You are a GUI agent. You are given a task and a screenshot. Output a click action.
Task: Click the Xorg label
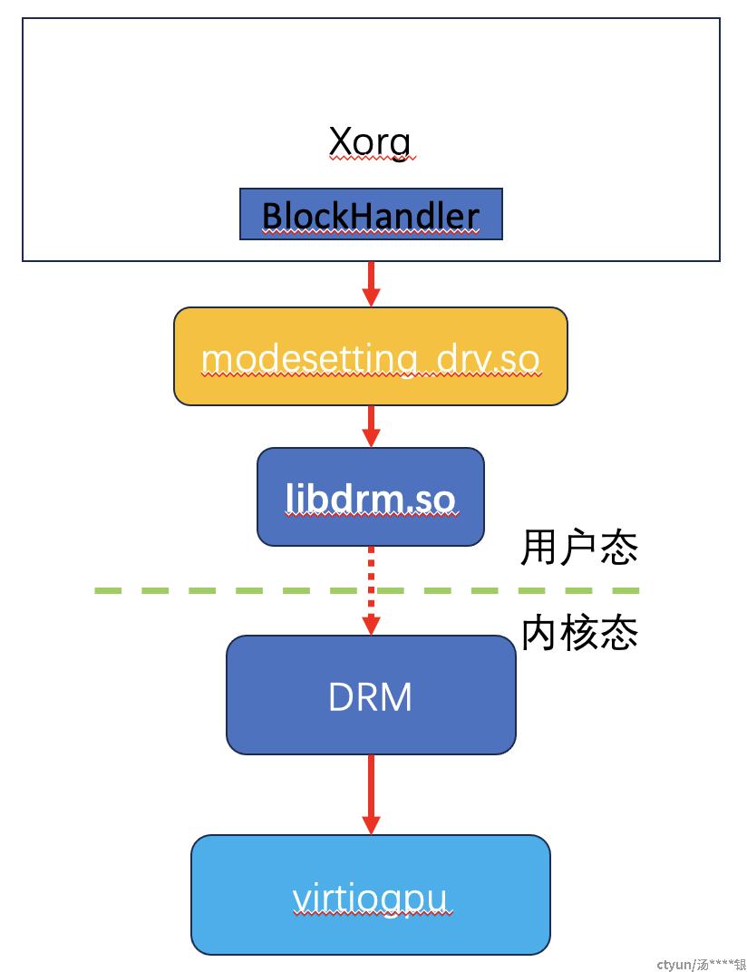pos(370,142)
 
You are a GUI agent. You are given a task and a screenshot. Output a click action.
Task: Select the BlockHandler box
pos(371,214)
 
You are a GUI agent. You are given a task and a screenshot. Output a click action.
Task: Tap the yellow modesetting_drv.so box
pos(371,356)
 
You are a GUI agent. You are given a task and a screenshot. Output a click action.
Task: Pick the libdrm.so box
pos(371,497)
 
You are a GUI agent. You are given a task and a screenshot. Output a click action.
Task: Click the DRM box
pos(371,695)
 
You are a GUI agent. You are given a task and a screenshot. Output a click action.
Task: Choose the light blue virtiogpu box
pos(371,895)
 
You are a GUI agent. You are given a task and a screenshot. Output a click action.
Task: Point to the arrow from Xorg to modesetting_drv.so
pos(371,284)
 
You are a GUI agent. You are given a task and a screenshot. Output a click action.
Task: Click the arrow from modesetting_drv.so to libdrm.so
pos(371,426)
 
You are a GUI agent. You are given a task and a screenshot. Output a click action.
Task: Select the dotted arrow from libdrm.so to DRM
pos(371,591)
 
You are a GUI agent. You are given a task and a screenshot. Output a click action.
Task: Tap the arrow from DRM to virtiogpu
pos(371,794)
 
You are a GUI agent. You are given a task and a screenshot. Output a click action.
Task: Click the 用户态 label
pos(579,548)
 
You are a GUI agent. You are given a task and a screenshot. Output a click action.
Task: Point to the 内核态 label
pos(579,633)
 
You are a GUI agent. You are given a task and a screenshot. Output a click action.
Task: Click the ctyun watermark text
pos(701,964)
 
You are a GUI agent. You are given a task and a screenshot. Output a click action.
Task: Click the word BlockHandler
pos(371,216)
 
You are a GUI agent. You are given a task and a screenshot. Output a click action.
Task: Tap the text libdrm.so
pos(371,499)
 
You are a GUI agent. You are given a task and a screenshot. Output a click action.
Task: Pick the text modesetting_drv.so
pos(371,359)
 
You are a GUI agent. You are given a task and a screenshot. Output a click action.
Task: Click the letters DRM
pos(370,696)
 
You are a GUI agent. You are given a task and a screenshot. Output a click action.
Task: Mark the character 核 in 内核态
pos(579,633)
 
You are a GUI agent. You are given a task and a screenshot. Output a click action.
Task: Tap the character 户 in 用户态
pos(579,548)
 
